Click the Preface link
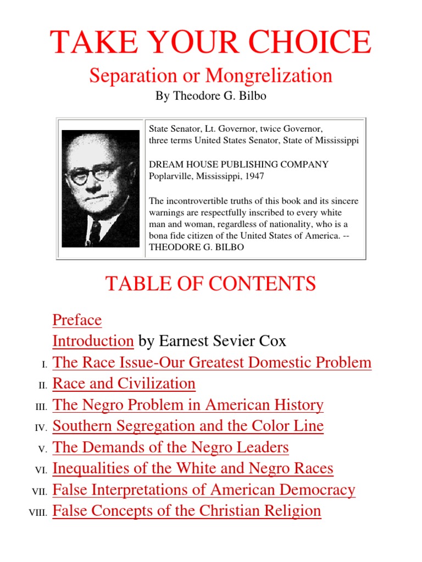click(x=77, y=320)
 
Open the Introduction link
click(x=93, y=341)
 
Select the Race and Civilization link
click(x=124, y=383)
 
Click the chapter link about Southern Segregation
click(x=188, y=426)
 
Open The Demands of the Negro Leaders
click(x=170, y=447)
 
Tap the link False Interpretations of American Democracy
click(x=204, y=490)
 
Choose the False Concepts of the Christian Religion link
click(x=187, y=511)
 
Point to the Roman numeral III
click(x=42, y=406)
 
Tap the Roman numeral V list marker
click(x=43, y=449)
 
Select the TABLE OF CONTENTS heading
click(x=210, y=284)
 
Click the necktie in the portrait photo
click(x=95, y=231)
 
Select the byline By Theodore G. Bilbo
click(x=210, y=97)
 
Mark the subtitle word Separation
click(x=129, y=76)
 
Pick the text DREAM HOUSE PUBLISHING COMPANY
click(x=239, y=165)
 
